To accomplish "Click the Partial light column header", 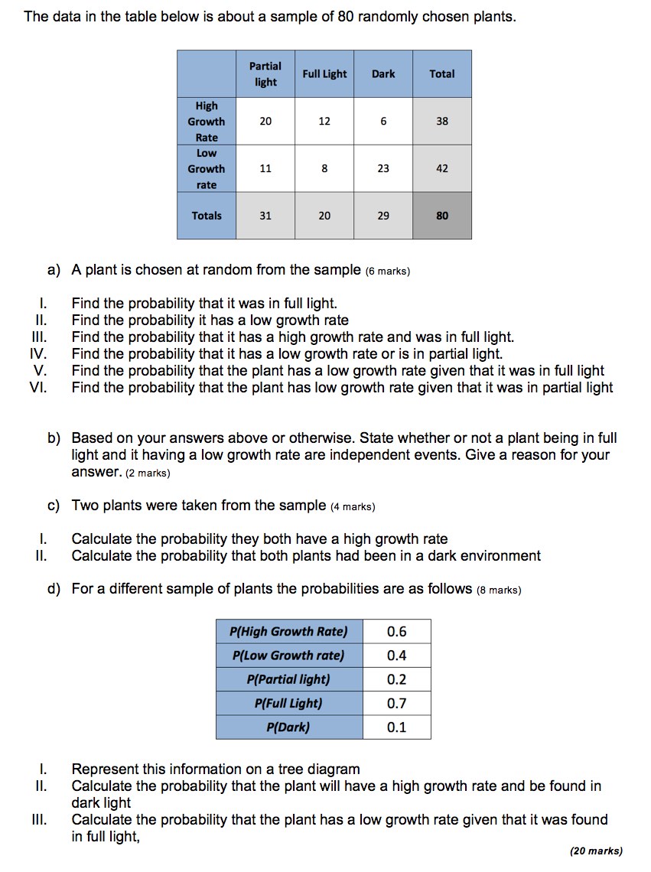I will (265, 74).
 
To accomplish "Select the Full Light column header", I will (324, 74).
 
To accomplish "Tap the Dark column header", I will (383, 74).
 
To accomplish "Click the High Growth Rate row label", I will (207, 122).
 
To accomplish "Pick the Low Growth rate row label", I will (207, 169).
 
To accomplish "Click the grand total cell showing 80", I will (442, 216).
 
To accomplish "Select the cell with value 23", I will (383, 169).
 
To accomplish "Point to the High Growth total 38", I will (442, 122).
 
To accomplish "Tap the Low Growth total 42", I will (442, 169).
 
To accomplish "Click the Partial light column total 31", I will (265, 216).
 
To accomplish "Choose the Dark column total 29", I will (383, 216).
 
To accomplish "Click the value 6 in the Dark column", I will (383, 122).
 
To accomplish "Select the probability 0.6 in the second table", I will (397, 632).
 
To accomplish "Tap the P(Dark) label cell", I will (288, 727).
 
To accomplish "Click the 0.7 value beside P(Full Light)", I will (397, 704).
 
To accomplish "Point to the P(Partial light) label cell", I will (288, 679).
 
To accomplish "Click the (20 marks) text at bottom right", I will (597, 851).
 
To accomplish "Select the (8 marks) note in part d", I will (499, 590).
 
